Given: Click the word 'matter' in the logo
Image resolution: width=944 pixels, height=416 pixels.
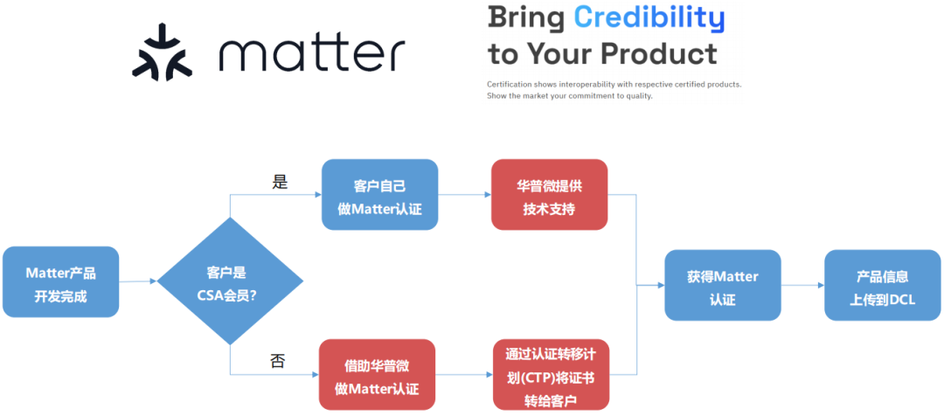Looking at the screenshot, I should (x=312, y=53).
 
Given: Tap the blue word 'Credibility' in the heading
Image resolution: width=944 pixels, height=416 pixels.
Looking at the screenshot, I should (x=649, y=17).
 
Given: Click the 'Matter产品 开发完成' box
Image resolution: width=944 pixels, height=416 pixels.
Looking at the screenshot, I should (x=61, y=281).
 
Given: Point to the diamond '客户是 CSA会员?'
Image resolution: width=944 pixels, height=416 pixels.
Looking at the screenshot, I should (x=231, y=281).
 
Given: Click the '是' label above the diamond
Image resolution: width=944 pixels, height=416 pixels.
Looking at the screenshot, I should (x=280, y=182).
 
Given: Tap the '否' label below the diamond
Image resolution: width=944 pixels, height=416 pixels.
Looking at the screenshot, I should (x=278, y=361).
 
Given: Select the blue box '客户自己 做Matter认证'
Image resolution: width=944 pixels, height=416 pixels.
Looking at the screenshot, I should (x=379, y=195).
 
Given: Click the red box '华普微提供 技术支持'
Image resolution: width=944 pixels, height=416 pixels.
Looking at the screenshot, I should (x=549, y=195).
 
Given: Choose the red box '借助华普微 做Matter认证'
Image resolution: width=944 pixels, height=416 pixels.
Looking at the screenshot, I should (x=378, y=374).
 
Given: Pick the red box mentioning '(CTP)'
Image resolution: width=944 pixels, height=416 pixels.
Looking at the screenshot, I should (x=551, y=374).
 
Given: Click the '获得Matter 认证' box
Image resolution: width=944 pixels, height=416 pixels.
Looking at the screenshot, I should (x=722, y=286).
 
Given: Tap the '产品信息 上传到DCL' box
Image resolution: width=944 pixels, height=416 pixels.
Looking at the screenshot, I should (x=883, y=286).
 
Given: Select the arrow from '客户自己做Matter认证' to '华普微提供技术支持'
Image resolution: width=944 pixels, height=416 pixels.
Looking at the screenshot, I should (x=464, y=195).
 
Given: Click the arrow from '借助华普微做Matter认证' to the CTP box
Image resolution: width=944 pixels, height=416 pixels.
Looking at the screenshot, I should (x=464, y=375).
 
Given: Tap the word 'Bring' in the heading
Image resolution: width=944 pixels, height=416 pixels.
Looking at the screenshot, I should (x=526, y=17).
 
